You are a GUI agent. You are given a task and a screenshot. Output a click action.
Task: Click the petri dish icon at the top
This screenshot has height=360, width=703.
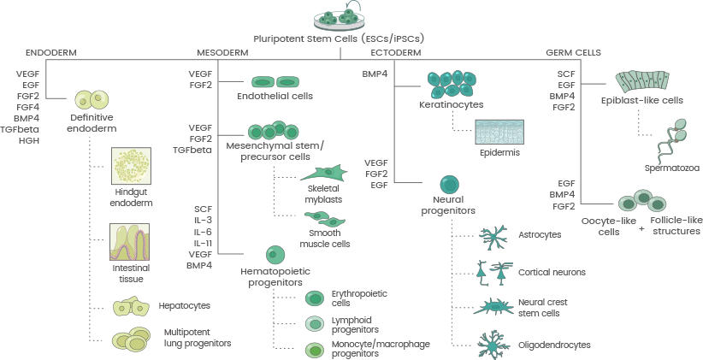point(337,16)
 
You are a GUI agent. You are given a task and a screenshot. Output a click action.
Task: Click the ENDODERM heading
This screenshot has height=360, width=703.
point(50,53)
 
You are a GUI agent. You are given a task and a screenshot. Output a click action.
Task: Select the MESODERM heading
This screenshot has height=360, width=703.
point(223,53)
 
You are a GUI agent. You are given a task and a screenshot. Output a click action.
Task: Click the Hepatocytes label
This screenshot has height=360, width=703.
point(184,305)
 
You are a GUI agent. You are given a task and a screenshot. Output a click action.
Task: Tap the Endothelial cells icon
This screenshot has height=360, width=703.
point(275,82)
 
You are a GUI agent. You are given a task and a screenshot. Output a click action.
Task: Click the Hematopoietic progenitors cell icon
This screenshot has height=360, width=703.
point(275,255)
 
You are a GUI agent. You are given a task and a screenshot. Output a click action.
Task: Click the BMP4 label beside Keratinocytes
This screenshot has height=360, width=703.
point(375,75)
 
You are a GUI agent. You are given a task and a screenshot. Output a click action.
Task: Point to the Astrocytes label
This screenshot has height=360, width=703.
point(541,233)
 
